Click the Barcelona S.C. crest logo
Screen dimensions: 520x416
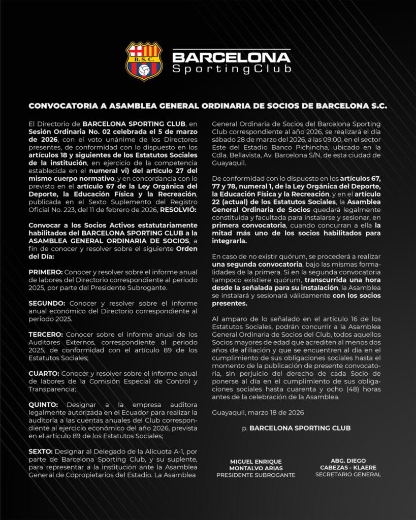[144, 61]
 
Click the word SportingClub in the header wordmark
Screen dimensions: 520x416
[232, 69]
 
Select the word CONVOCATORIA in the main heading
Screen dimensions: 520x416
[62, 107]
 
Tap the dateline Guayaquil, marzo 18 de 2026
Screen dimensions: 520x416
[258, 412]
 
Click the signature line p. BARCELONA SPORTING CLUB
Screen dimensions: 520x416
[296, 428]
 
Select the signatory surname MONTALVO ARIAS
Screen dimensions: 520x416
[255, 468]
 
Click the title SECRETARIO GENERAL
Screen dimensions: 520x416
[348, 475]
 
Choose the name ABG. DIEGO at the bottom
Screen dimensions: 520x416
[348, 461]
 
